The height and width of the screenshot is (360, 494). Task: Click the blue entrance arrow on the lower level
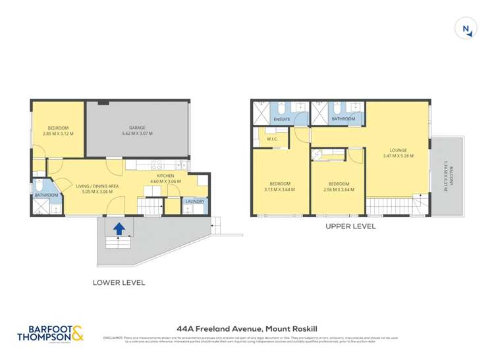[x=119, y=229]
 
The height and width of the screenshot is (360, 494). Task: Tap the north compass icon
[x=466, y=29]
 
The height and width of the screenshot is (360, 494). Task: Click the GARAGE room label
[x=137, y=128]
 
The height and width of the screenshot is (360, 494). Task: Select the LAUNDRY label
[x=194, y=201]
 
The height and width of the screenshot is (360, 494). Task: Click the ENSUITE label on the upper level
[x=283, y=119]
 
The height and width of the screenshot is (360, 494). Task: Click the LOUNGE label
[x=398, y=150]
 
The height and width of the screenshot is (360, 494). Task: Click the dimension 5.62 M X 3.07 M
[x=137, y=134]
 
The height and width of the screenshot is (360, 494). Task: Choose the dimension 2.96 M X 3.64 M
[x=339, y=190]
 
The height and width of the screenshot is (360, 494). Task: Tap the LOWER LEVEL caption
[x=119, y=282]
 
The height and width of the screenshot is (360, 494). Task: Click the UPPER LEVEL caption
[x=351, y=226]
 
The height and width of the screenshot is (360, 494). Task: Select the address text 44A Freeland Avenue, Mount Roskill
[x=246, y=327]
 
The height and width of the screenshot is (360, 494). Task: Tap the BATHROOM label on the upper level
[x=343, y=119]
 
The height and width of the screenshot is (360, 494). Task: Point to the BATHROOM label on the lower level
[x=46, y=195]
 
